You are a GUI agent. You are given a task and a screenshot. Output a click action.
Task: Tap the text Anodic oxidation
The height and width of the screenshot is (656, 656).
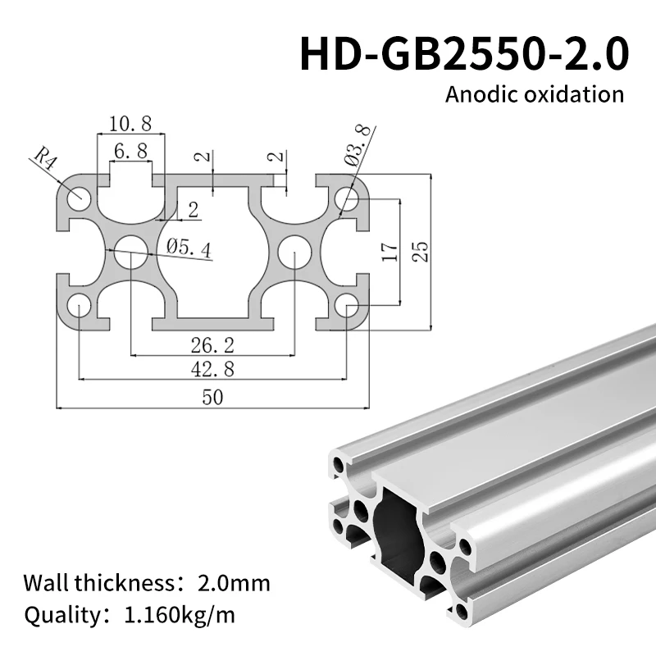pos(535,93)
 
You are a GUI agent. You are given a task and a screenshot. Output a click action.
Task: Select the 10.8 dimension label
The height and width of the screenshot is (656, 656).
pos(130,124)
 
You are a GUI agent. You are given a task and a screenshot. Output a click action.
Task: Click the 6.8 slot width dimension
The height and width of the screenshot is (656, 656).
pos(131,151)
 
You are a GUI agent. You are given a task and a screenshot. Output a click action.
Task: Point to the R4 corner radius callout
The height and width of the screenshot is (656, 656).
pos(46,156)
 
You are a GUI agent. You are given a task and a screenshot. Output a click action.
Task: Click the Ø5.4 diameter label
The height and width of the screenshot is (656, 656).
pos(189,248)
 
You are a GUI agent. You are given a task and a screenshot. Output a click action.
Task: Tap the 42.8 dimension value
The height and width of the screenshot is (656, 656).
pos(212,369)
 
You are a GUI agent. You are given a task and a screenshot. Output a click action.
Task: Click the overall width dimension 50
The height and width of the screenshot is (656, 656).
pos(212,397)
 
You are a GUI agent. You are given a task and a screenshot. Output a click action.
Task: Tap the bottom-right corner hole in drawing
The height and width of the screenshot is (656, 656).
pos(345,307)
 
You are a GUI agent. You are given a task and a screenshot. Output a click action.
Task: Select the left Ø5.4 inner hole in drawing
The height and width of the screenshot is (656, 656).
pos(130,252)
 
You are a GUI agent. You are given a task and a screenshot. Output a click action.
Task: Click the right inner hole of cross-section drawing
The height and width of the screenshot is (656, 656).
pos(294,252)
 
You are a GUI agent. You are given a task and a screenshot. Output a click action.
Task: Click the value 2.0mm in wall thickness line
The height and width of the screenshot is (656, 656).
pos(235,584)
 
